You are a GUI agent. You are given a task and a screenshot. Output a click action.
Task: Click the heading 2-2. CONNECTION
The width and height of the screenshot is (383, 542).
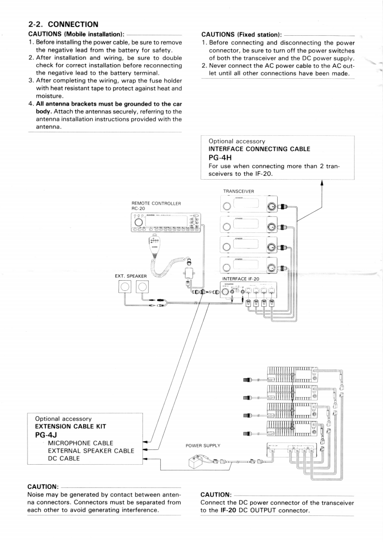(63, 23)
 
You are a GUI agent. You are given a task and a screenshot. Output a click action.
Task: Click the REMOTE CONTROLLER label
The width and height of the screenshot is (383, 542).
(153, 203)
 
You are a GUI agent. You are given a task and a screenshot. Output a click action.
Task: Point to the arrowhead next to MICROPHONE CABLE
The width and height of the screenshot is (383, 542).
(147, 442)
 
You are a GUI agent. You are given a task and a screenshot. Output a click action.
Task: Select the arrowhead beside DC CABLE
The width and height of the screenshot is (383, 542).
(147, 459)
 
